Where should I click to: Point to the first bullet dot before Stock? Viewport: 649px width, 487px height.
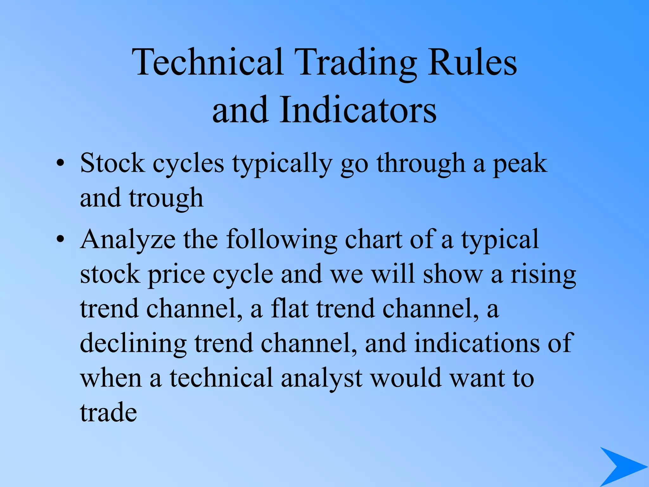click(60, 164)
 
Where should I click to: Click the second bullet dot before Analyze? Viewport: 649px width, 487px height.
click(60, 240)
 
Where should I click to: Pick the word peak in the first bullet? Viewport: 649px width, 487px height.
click(520, 164)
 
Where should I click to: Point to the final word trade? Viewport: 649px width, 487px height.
click(108, 413)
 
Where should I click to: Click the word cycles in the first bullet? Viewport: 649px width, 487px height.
click(188, 164)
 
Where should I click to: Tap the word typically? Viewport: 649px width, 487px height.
click(282, 164)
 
